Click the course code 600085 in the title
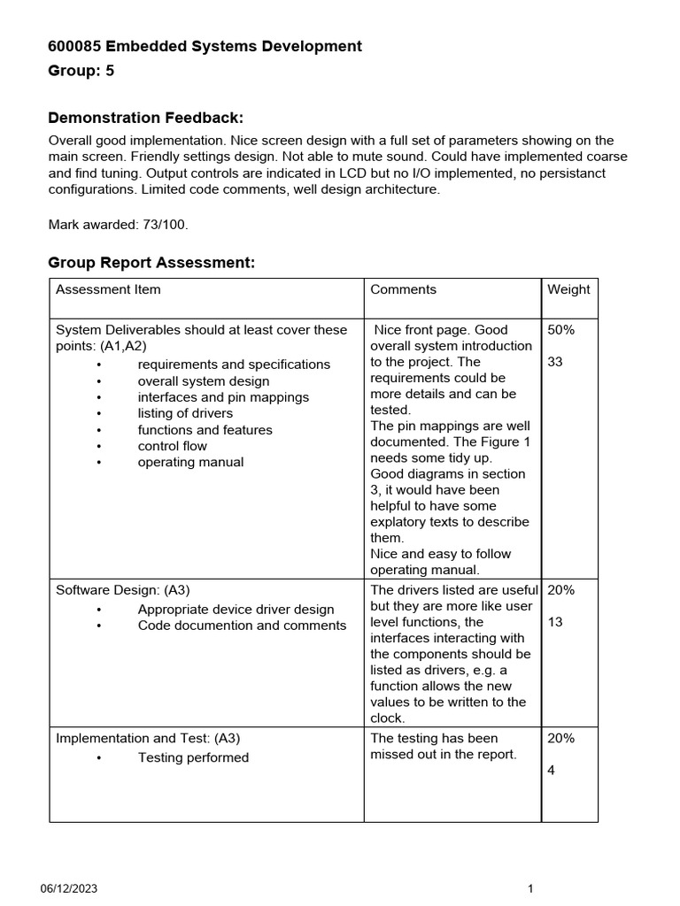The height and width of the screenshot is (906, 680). coord(74,46)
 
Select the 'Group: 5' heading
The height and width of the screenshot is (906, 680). coord(81,72)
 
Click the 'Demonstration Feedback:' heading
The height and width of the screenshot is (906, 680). coord(145,118)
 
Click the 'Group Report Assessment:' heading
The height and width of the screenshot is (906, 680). coord(151,263)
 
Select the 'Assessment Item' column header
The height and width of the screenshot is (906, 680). coord(108,289)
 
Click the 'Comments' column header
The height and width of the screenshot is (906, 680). coord(403,289)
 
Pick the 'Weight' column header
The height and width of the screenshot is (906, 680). coord(568,289)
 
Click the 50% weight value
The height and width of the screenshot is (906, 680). coord(560,330)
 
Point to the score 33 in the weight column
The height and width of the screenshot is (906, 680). coord(555,362)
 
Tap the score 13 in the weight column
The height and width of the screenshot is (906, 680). coord(555,622)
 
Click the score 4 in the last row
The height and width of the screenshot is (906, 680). coord(552,771)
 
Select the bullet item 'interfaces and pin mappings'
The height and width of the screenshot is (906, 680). coord(223,397)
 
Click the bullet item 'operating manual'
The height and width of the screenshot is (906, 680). coord(190,462)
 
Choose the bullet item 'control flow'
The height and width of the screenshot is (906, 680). coord(172,446)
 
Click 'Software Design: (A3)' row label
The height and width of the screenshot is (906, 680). coord(123,590)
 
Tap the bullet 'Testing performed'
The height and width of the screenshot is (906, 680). coord(193,757)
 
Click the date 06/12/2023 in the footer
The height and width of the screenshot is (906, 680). coord(68,889)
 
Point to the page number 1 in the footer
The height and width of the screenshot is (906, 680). coord(529,889)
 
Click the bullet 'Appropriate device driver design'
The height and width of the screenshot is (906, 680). coord(236,610)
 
